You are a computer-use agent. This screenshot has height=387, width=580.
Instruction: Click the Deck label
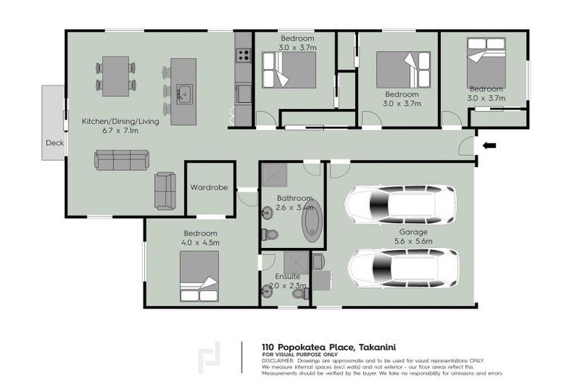[54, 142]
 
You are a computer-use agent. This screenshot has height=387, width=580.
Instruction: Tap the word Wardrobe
[208, 187]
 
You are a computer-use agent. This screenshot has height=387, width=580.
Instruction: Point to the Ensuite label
[285, 277]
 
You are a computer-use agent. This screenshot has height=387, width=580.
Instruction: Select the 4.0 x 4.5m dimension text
[200, 243]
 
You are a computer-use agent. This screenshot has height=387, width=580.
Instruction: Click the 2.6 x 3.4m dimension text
[294, 207]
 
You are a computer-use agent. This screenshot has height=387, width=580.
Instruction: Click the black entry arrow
[490, 145]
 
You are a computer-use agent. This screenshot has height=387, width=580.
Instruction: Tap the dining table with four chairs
[116, 76]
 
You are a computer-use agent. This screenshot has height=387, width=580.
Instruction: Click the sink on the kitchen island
[184, 94]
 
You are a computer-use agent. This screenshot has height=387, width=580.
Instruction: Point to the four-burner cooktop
[244, 54]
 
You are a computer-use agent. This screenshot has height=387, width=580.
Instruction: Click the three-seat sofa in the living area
[122, 159]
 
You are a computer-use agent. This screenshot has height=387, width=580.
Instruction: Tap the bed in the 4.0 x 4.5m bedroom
[199, 276]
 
